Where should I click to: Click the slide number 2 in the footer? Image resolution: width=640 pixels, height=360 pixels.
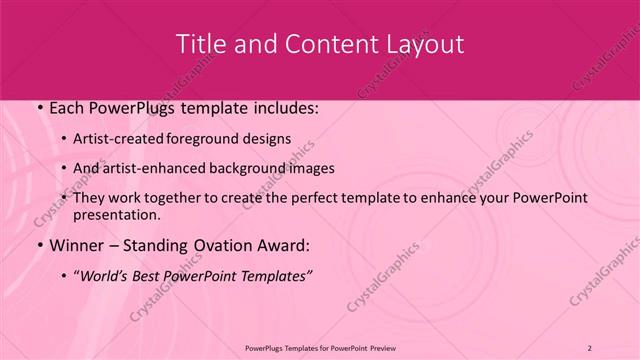590,348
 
